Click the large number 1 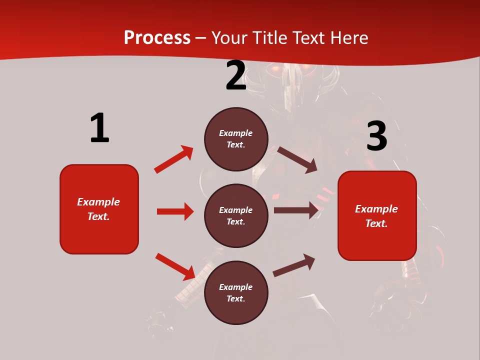click(x=99, y=128)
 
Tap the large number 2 click(x=236, y=76)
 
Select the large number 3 click(x=376, y=137)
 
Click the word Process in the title click(x=157, y=37)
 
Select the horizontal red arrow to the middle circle click(x=175, y=211)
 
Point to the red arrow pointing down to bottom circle click(x=175, y=266)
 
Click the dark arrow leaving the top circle click(x=297, y=159)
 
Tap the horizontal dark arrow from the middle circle click(x=295, y=210)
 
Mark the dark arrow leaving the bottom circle click(x=294, y=265)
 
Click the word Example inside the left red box click(x=98, y=202)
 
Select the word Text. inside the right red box click(x=376, y=223)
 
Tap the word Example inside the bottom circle click(x=236, y=287)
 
